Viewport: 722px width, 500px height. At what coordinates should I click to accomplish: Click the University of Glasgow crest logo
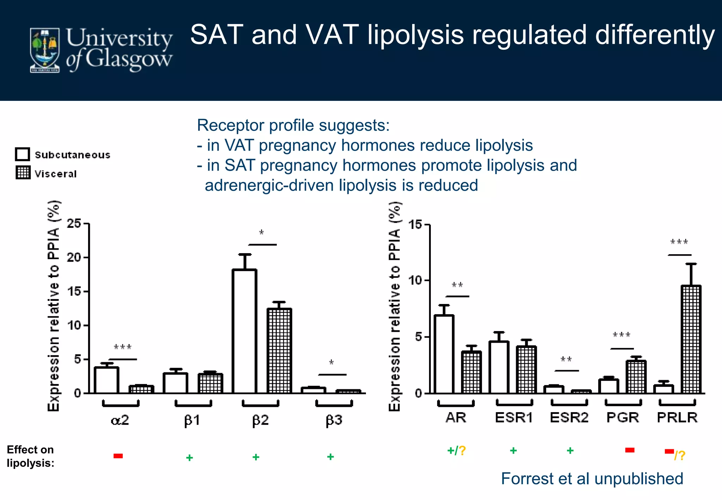(x=45, y=50)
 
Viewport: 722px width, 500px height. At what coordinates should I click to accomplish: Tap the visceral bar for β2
(x=279, y=350)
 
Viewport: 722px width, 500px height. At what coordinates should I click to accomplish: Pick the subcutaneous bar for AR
(x=444, y=354)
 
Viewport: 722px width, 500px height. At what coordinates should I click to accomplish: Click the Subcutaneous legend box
(x=23, y=154)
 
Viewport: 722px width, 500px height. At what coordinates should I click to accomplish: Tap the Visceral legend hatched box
(x=23, y=172)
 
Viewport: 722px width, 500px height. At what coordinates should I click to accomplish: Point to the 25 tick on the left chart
(x=74, y=224)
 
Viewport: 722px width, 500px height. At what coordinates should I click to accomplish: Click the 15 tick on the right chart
(x=416, y=225)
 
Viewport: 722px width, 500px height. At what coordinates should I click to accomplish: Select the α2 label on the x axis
(x=120, y=420)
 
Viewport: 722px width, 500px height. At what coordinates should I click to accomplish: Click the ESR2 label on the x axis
(x=569, y=418)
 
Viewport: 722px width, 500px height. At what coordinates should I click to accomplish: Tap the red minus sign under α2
(x=118, y=456)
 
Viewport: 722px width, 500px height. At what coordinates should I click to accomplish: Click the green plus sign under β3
(x=330, y=457)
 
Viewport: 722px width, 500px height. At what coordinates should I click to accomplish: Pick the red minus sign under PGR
(x=630, y=450)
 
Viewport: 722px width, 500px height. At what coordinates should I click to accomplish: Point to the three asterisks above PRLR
(x=679, y=242)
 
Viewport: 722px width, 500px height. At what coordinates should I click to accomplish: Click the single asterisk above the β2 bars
(x=262, y=232)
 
